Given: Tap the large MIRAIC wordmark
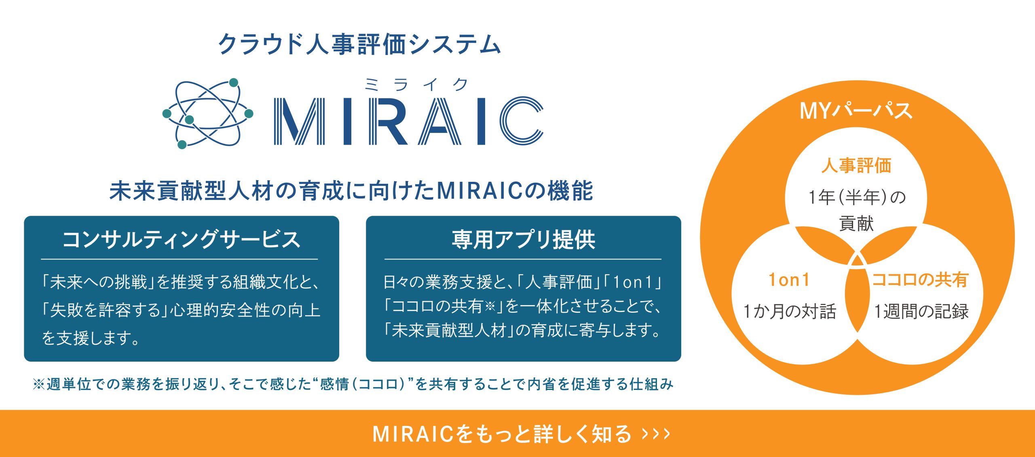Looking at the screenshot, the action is click(x=409, y=121).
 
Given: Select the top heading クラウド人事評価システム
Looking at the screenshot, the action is click(x=359, y=44).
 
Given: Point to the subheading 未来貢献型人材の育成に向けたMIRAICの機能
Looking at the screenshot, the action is click(x=351, y=191).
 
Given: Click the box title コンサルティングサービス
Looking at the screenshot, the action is click(x=181, y=239).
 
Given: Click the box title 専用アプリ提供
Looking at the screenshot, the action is click(x=523, y=239).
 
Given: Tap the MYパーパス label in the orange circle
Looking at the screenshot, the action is click(x=856, y=110).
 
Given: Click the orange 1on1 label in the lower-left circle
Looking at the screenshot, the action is click(x=789, y=280).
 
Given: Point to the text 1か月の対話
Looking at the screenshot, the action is click(x=790, y=312).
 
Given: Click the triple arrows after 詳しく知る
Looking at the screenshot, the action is click(x=656, y=434).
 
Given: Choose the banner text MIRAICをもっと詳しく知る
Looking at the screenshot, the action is click(x=502, y=434).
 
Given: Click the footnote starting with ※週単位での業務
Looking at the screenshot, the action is click(x=353, y=384).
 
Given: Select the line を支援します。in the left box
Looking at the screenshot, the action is click(x=91, y=338).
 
